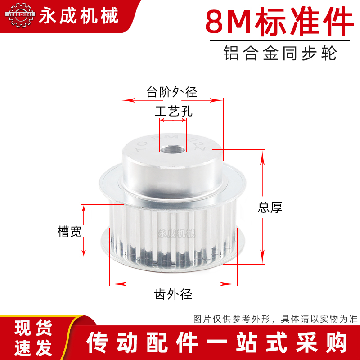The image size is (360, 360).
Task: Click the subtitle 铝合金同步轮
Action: [x=280, y=53]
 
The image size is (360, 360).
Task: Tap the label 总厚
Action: [x=270, y=207]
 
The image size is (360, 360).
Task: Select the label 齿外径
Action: [x=173, y=295]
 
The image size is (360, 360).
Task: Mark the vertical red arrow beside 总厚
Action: [x=262, y=207]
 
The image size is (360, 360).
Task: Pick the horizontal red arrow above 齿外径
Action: [x=173, y=283]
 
